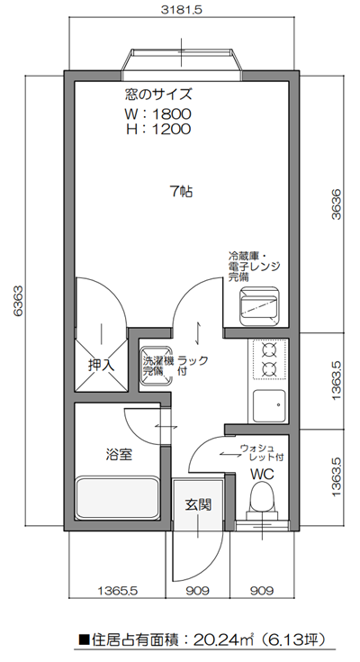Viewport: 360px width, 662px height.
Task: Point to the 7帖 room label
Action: tap(181, 191)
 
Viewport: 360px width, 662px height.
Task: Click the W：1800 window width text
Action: tap(158, 114)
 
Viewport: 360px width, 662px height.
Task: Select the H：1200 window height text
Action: tap(158, 130)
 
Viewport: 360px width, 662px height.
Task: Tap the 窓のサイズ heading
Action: tap(158, 95)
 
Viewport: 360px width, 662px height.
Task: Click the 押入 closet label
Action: tap(101, 366)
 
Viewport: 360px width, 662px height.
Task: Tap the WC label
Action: tap(262, 473)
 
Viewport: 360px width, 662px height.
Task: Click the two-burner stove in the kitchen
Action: tap(268, 358)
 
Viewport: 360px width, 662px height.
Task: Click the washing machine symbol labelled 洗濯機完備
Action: tap(155, 364)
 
